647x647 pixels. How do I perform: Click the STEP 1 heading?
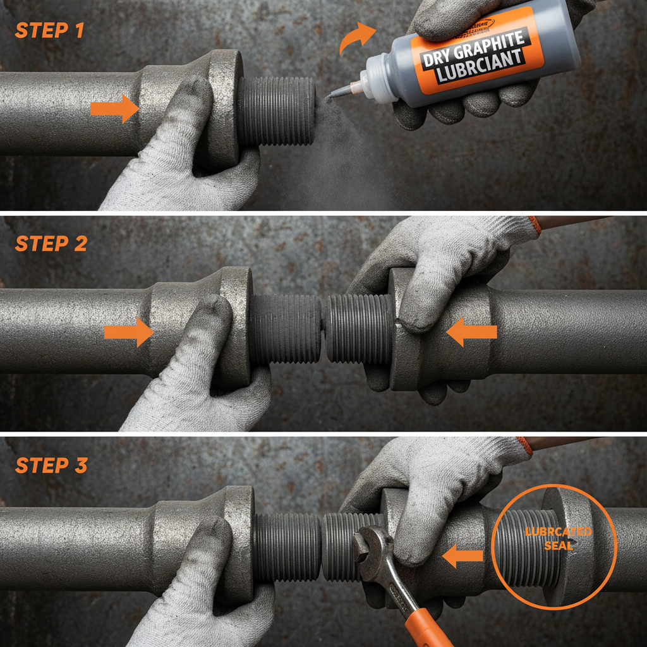tap(49, 30)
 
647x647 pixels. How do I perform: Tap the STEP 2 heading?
tap(51, 244)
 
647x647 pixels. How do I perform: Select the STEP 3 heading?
tap(51, 466)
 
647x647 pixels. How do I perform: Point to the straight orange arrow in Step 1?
tap(114, 109)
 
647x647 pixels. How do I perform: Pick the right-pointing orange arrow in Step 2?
tap(129, 332)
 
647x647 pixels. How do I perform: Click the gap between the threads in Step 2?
tap(323, 329)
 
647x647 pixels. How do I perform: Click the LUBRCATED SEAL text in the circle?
tap(559, 537)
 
